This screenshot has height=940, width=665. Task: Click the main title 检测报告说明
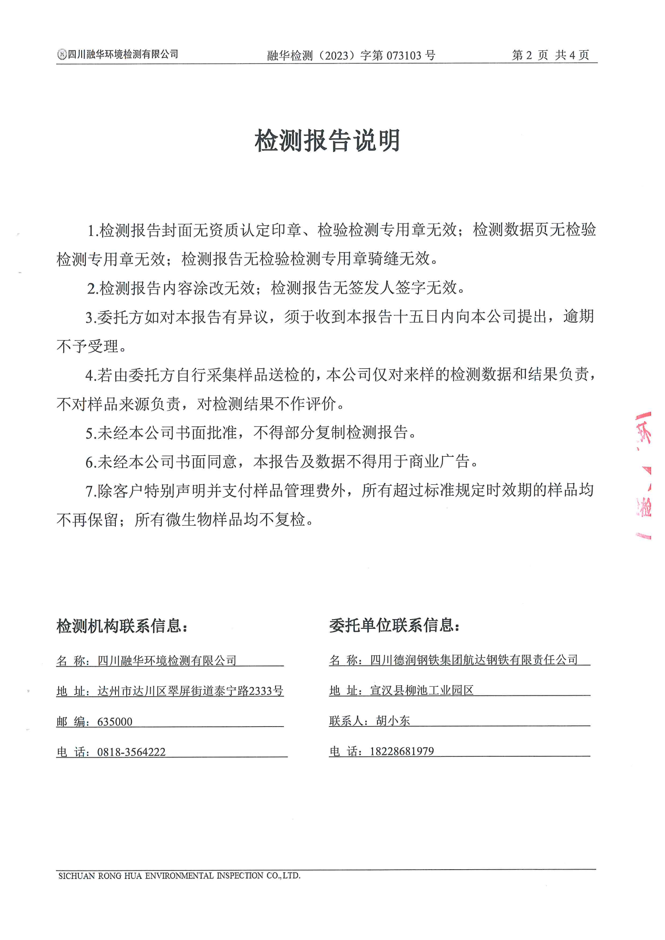click(327, 140)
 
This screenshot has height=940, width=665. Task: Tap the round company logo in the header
click(62, 54)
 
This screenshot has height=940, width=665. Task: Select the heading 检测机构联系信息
click(122, 626)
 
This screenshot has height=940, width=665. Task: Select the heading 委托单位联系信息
click(395, 625)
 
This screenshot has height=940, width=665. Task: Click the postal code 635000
click(115, 721)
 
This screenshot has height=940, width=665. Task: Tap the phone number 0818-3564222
click(131, 752)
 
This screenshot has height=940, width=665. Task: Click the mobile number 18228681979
click(401, 751)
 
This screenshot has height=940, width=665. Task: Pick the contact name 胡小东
click(393, 720)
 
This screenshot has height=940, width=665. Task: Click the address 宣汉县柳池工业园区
click(422, 690)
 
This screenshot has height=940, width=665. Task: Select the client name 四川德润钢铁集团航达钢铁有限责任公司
click(474, 659)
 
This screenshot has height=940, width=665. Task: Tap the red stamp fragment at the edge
click(644, 475)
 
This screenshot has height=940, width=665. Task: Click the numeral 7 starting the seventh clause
click(89, 491)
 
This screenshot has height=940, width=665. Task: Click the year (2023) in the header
click(337, 55)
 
